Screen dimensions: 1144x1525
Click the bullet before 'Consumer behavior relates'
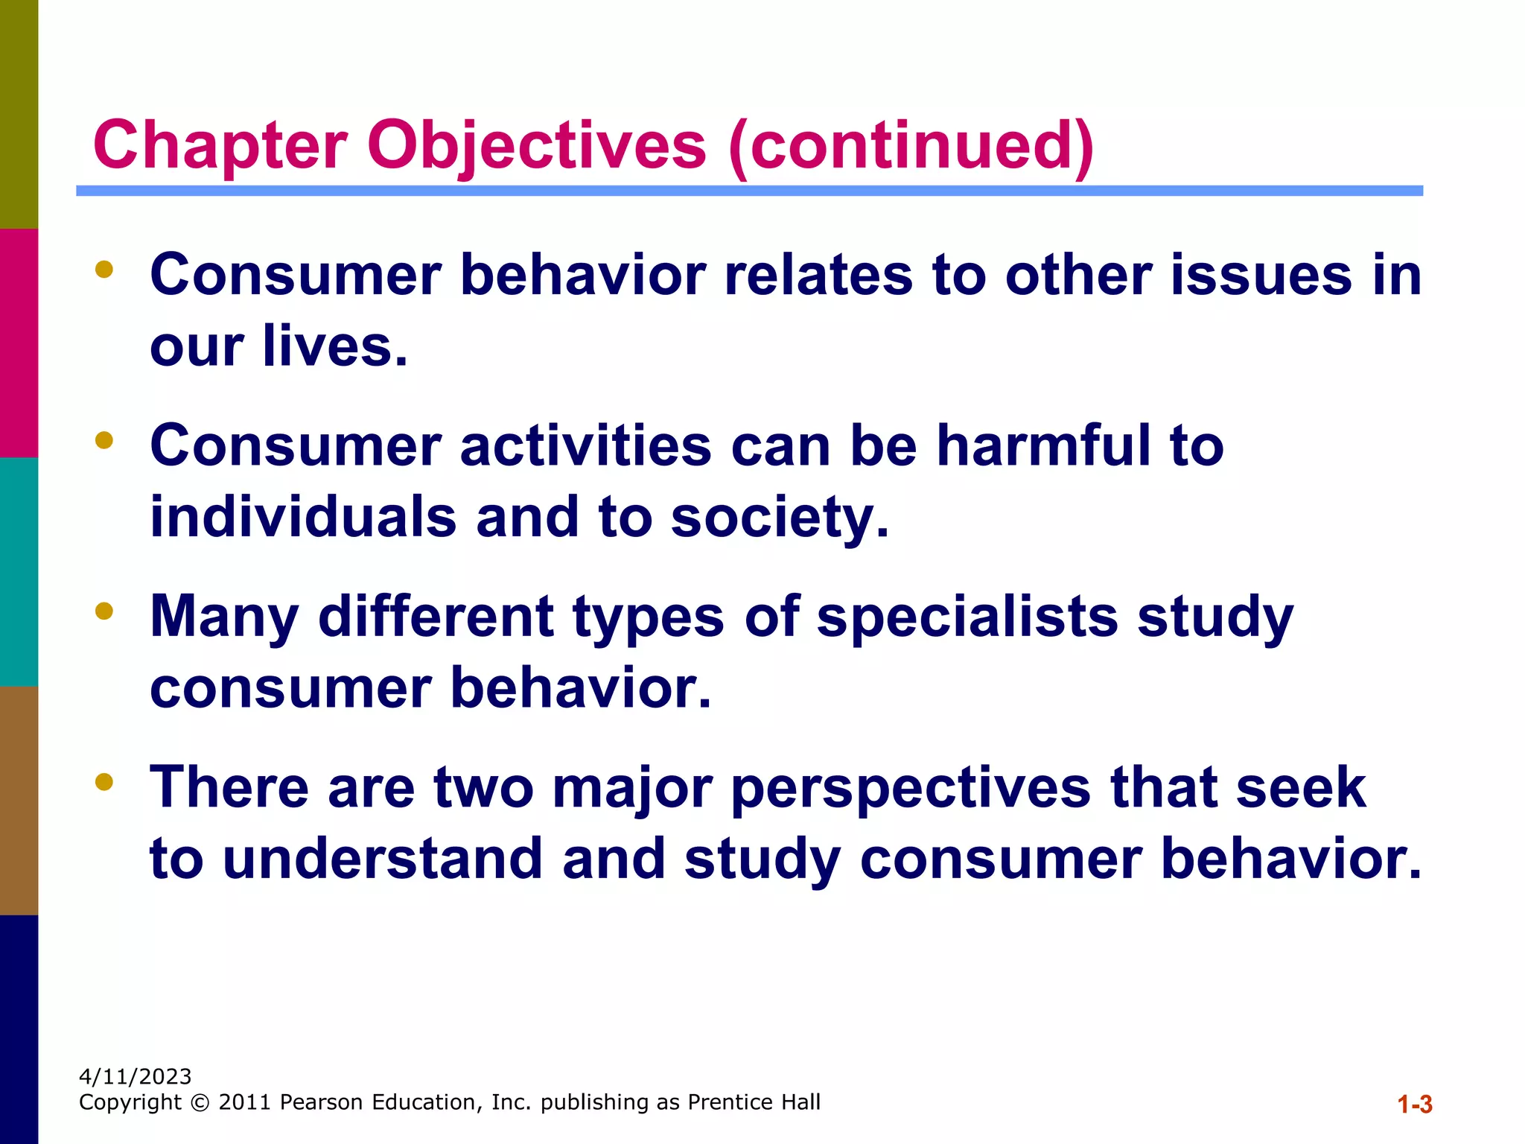pyautogui.click(x=104, y=269)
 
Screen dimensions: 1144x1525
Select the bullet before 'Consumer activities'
pyautogui.click(x=104, y=440)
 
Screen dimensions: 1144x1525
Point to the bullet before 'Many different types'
pyautogui.click(x=104, y=611)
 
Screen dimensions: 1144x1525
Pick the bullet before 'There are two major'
pyautogui.click(x=104, y=781)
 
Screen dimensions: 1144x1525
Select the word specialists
pyautogui.click(x=967, y=617)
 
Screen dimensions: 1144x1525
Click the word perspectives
pyautogui.click(x=911, y=788)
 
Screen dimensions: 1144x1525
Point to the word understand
pyautogui.click(x=382, y=858)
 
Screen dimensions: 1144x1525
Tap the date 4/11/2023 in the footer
pyautogui.click(x=135, y=1077)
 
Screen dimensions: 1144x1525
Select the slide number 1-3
pyautogui.click(x=1414, y=1104)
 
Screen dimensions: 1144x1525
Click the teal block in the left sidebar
pyautogui.click(x=19, y=571)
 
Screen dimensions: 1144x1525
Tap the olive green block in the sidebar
pyautogui.click(x=19, y=113)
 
